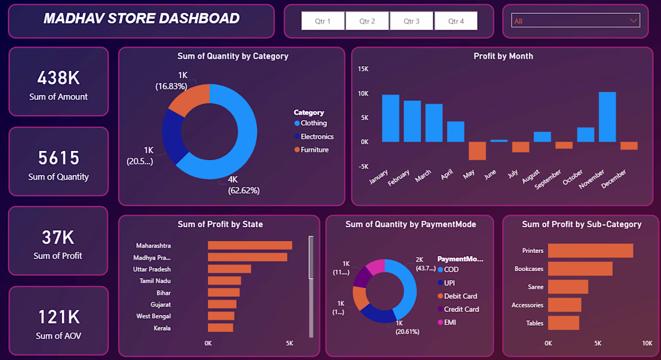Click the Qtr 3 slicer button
click(412, 21)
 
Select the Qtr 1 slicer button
click(323, 21)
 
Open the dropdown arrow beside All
click(633, 20)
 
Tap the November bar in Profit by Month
click(608, 117)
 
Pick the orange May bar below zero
click(477, 151)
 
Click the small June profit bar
click(499, 141)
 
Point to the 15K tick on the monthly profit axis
click(363, 69)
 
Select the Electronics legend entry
click(314, 136)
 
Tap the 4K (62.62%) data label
click(243, 185)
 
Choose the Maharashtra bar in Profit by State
click(250, 245)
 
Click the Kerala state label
click(162, 328)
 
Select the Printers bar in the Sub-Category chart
click(591, 251)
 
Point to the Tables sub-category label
click(535, 323)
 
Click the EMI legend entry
click(447, 323)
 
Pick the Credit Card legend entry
click(458, 310)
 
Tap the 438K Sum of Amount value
click(58, 78)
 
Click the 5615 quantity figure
click(59, 158)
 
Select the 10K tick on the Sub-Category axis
click(647, 344)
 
